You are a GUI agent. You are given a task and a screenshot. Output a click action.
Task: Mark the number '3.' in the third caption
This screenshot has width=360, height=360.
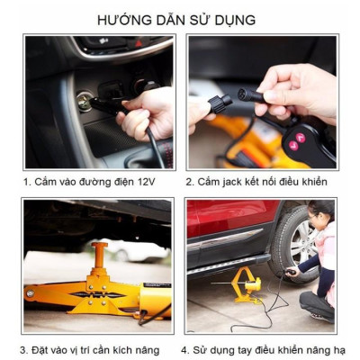(x=25, y=350)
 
